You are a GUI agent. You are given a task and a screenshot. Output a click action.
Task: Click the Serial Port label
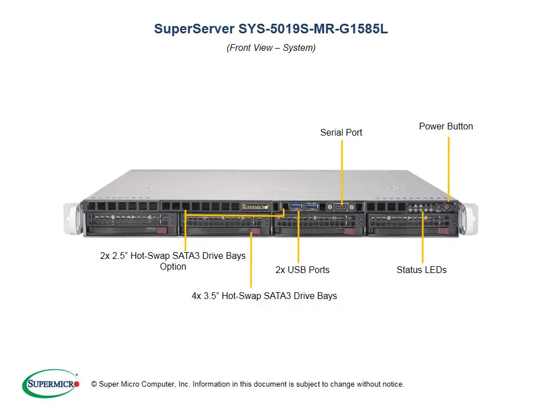pos(341,132)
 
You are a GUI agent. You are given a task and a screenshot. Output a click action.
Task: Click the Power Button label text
pos(445,126)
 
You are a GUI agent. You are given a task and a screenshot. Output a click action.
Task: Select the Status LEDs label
pos(421,270)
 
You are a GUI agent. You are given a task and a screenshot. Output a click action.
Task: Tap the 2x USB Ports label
pos(302,270)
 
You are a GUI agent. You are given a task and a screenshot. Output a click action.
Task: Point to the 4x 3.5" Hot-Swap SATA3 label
pos(264,295)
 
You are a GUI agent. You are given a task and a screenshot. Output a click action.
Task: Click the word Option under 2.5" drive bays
pos(173,266)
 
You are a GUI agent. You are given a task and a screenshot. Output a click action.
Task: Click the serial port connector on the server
pos(340,207)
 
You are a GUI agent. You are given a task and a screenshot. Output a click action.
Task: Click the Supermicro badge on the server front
pos(255,207)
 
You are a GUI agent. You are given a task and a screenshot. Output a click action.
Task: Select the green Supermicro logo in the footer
pos(51,384)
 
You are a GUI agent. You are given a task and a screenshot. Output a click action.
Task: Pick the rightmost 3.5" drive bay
pos(412,224)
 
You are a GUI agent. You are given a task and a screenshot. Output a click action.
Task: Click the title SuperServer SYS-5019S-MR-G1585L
pos(271,29)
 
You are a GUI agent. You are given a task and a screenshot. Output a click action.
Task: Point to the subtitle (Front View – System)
pos(271,48)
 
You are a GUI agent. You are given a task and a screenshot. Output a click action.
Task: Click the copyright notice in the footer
pos(247,384)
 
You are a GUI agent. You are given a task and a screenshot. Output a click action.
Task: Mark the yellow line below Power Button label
pos(449,164)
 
